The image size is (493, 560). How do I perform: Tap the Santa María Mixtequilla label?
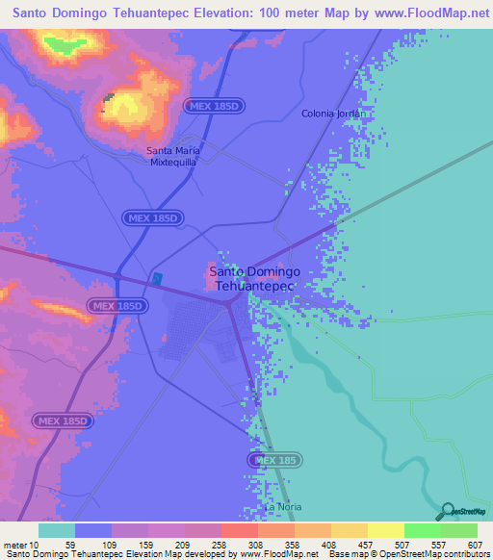pyautogui.click(x=172, y=157)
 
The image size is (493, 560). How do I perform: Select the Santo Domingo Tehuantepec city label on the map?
pyautogui.click(x=256, y=278)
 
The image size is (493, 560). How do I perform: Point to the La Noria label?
pyautogui.click(x=276, y=507)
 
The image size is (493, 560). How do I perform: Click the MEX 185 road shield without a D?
pyautogui.click(x=276, y=461)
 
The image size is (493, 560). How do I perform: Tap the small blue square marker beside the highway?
pyautogui.click(x=157, y=279)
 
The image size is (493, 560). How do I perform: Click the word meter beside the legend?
pyautogui.click(x=13, y=544)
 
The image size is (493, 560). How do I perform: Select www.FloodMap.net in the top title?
pyautogui.click(x=420, y=13)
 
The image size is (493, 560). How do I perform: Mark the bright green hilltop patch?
pyautogui.click(x=65, y=44)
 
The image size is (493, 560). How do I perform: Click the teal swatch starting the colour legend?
pyautogui.click(x=56, y=530)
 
